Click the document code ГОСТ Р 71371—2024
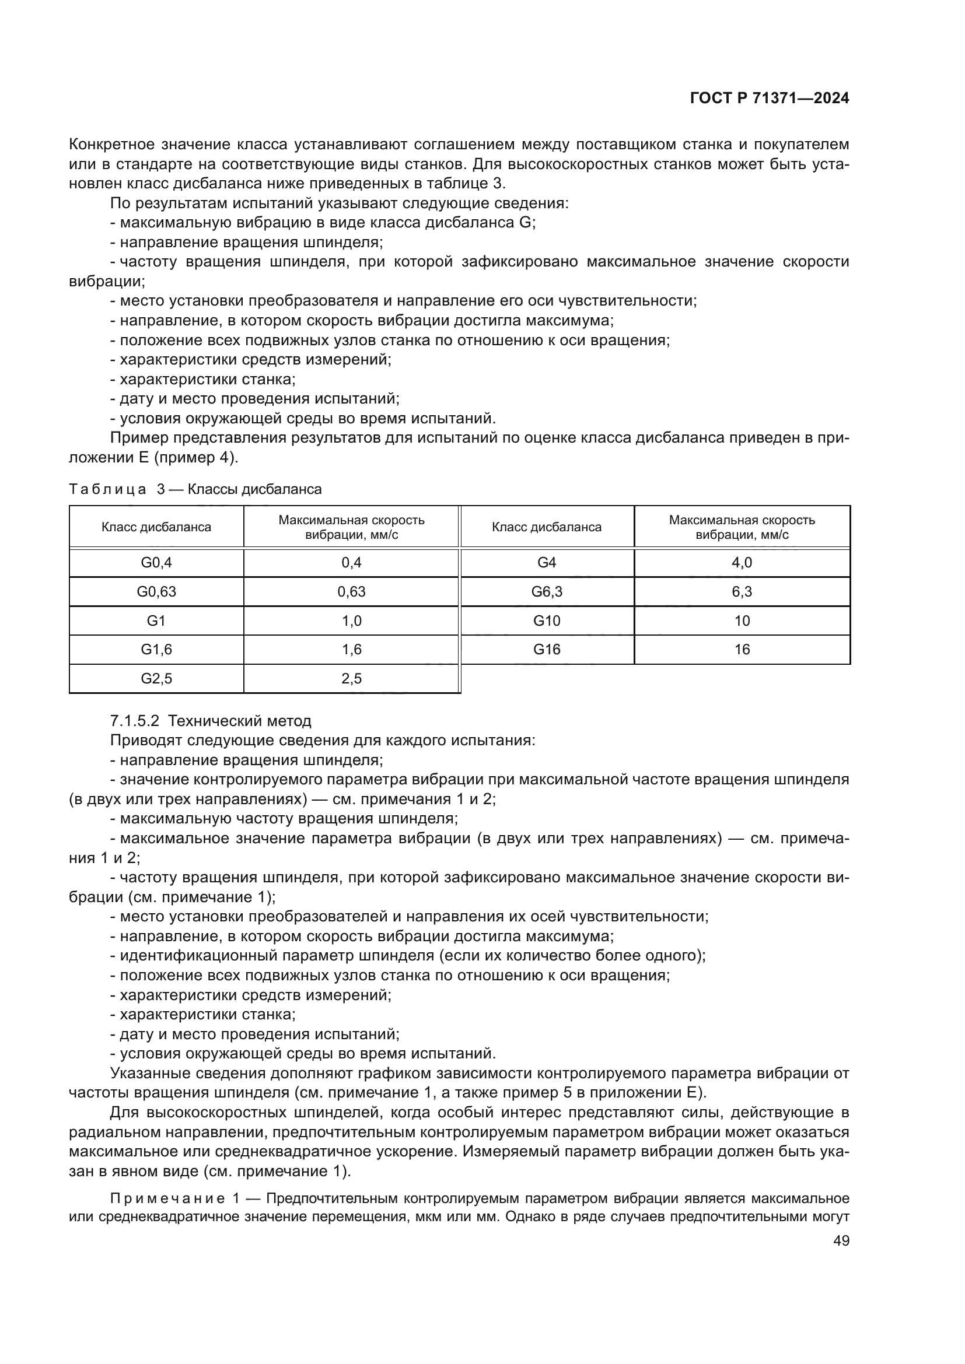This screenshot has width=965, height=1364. tap(769, 99)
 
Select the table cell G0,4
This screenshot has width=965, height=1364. tap(156, 563)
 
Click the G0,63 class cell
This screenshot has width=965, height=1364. tap(156, 592)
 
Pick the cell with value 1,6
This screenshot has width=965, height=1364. tap(351, 649)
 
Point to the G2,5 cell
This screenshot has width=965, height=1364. tap(156, 678)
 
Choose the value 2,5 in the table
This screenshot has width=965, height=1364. tap(351, 678)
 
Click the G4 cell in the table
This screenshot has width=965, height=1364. tap(546, 563)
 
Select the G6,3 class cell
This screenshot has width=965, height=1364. tap(546, 592)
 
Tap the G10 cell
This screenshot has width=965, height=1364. tap(546, 621)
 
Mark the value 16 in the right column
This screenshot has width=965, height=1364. tap(742, 649)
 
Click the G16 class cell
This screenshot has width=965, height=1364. tap(546, 649)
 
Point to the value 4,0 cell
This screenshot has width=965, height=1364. tap(742, 563)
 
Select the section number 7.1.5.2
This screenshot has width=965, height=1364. tap(134, 721)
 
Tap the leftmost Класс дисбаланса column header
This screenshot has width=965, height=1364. tap(156, 527)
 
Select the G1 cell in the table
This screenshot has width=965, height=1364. tap(156, 621)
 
